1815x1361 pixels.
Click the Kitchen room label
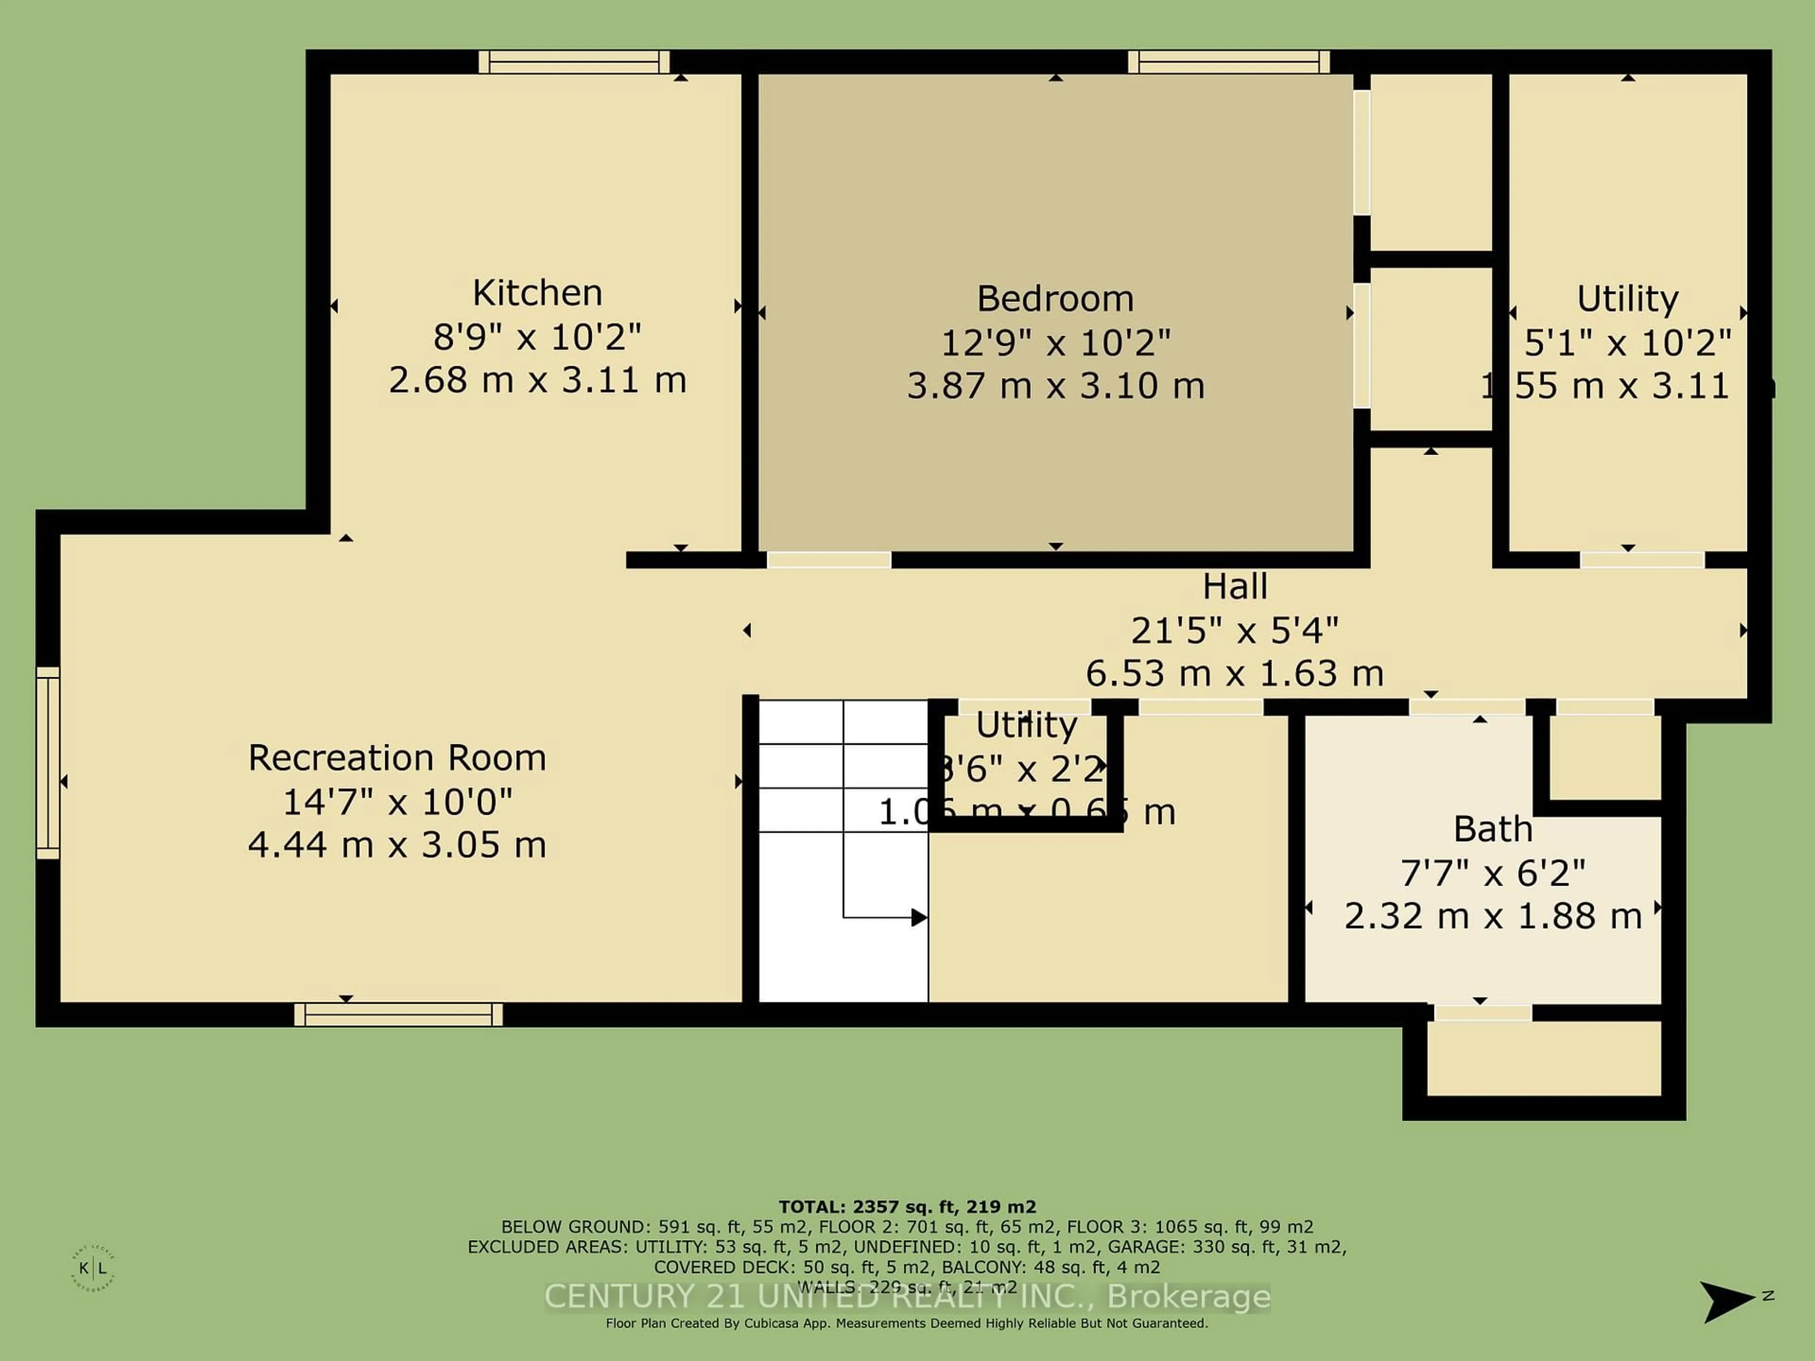pyautogui.click(x=537, y=293)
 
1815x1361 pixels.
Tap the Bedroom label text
pyautogui.click(x=1055, y=299)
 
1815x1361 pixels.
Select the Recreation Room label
pyautogui.click(x=397, y=757)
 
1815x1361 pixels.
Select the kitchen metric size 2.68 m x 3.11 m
pyautogui.click(x=537, y=380)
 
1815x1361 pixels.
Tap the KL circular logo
pyautogui.click(x=93, y=1268)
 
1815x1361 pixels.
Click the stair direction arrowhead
pyautogui.click(x=919, y=917)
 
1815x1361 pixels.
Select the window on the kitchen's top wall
pyautogui.click(x=574, y=62)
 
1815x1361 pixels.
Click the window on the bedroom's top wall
pyautogui.click(x=1228, y=62)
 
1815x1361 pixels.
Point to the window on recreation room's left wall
pyautogui.click(x=48, y=763)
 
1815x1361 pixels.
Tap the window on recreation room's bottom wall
pyautogui.click(x=399, y=1015)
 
